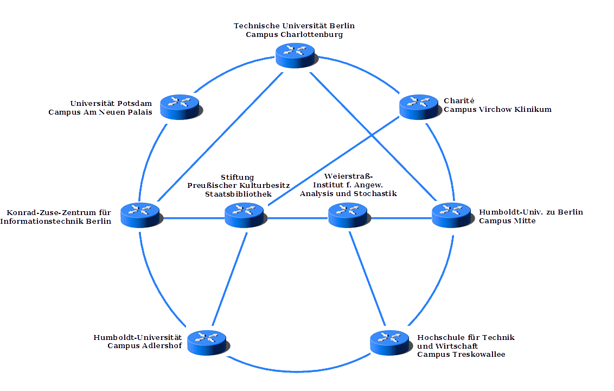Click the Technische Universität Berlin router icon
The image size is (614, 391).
point(296,54)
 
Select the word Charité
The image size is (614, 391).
point(459,100)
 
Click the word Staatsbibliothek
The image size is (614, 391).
point(238,193)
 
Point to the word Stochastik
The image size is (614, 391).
point(375,193)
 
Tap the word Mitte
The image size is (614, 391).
point(523,221)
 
